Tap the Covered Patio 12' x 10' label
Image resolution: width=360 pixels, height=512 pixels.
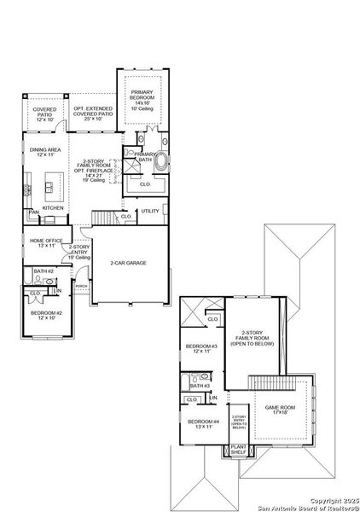44,115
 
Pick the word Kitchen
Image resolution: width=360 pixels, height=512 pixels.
53,207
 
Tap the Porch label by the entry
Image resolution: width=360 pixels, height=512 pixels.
81,287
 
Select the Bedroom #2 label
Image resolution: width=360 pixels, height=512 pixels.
43,317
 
